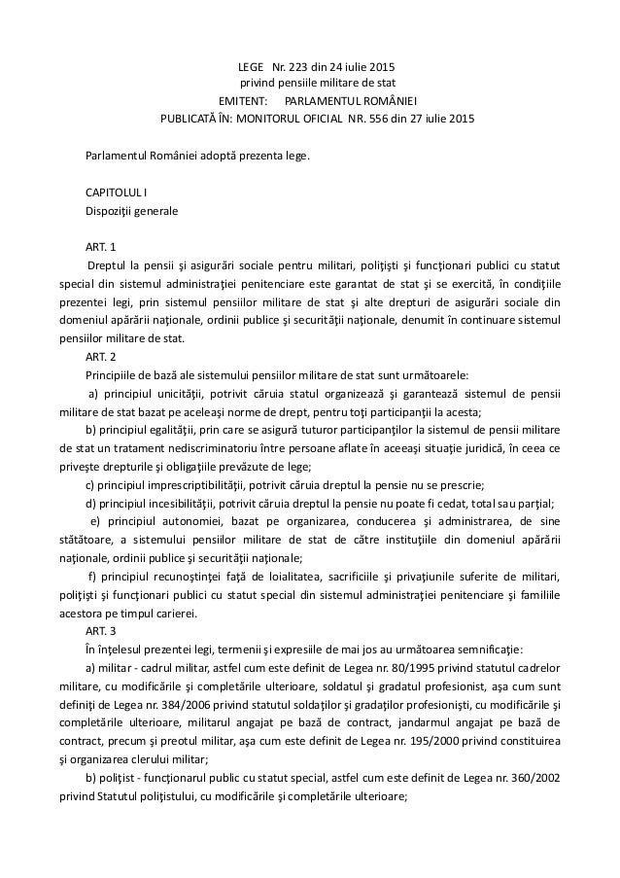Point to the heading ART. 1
coord(101,245)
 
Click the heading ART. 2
coord(101,356)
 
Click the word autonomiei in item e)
coord(184,521)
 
